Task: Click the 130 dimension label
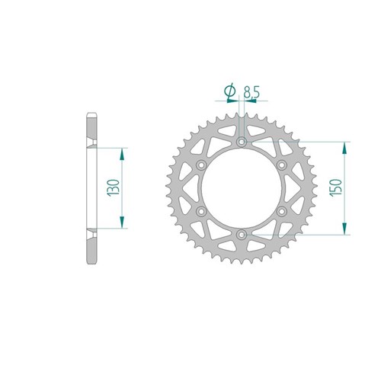pos(114,187)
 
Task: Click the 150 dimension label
pos(335,187)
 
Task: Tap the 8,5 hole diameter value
pos(251,92)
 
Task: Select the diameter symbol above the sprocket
pos(230,91)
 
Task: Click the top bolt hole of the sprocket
pos(242,142)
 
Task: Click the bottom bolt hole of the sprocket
pos(242,235)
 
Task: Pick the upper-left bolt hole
pos(201,165)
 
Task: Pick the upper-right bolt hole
pos(281,165)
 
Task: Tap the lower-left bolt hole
pos(201,211)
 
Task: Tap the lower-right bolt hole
pos(281,211)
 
